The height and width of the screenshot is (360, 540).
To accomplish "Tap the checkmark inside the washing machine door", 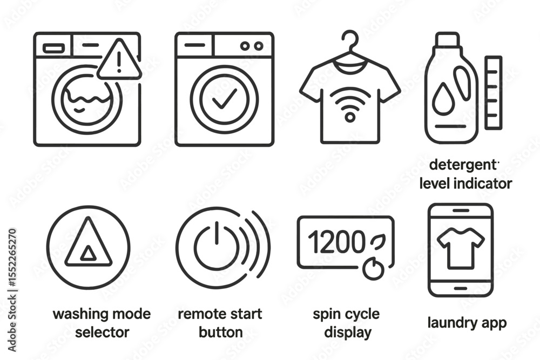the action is [225, 98].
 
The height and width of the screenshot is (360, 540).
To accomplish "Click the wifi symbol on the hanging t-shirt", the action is [350, 104].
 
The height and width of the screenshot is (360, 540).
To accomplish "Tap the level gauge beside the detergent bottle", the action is [493, 93].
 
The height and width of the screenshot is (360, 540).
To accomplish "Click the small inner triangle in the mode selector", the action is [88, 254].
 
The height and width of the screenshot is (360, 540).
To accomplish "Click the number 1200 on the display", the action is [336, 241].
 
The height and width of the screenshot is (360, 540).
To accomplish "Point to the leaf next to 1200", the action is [377, 241].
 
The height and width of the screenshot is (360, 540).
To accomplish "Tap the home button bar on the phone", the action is [461, 288].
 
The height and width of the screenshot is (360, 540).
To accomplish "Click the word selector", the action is [102, 332].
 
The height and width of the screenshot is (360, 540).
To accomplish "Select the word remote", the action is [200, 314].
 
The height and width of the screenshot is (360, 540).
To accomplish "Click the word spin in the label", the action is [326, 315].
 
